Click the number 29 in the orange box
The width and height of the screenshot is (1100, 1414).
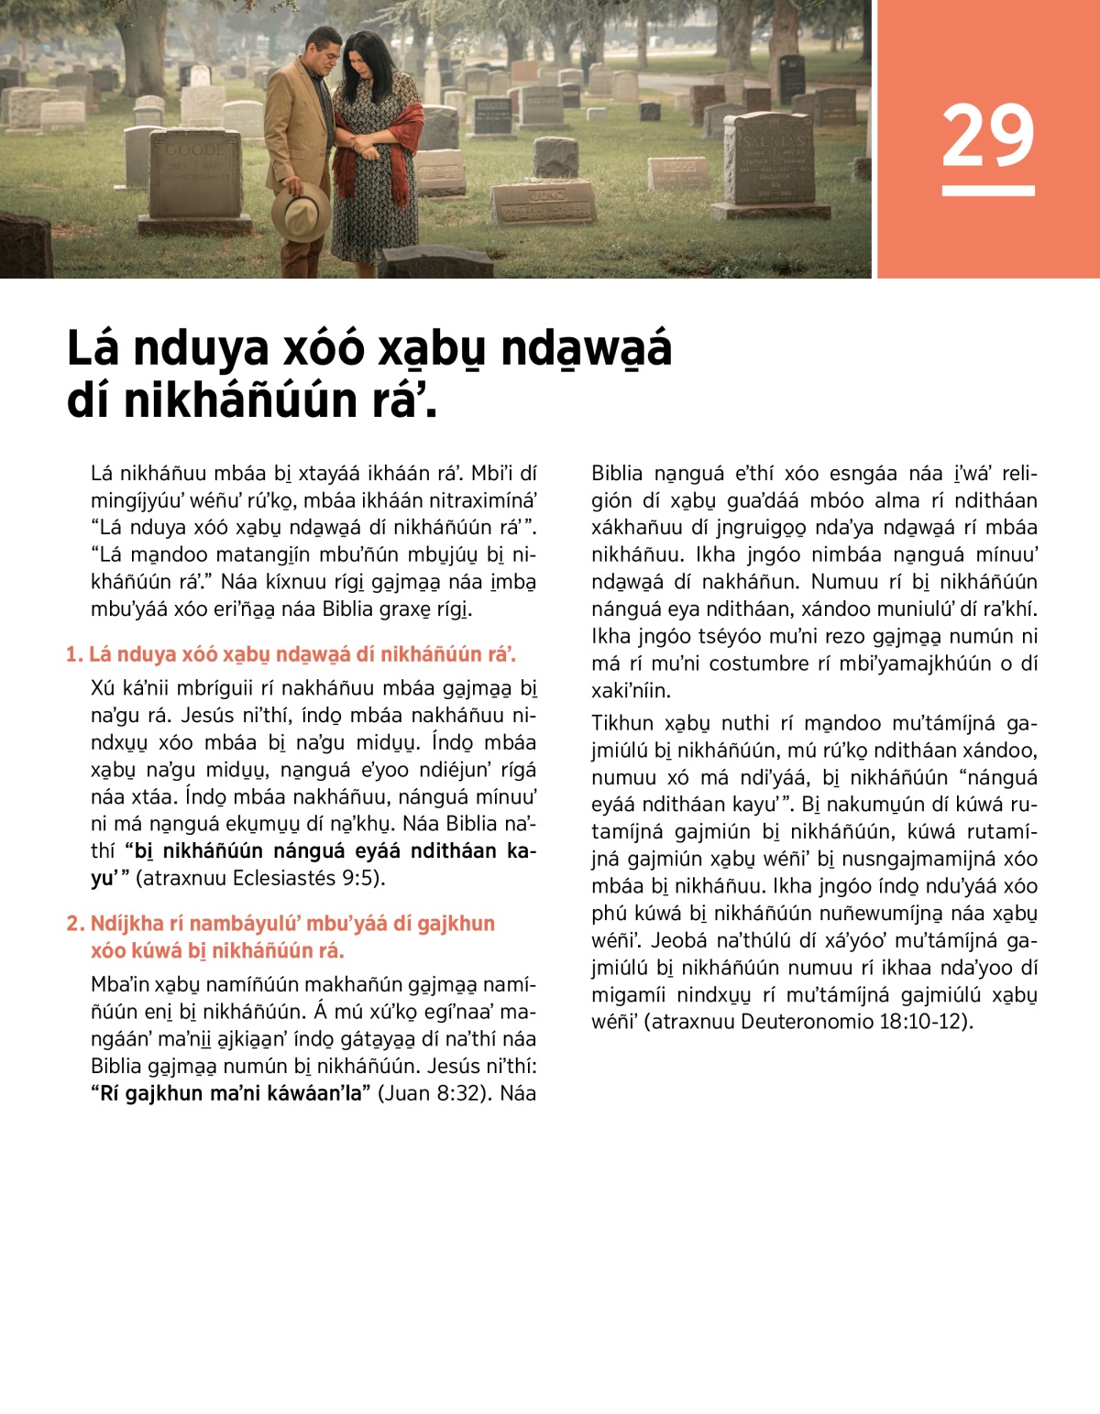pos(988,136)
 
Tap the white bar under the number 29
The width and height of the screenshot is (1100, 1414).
pos(988,191)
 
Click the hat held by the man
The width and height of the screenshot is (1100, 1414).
pos(302,212)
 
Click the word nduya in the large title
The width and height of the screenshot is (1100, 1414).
pos(203,350)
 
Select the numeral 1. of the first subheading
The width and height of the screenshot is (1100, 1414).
pos(74,654)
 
